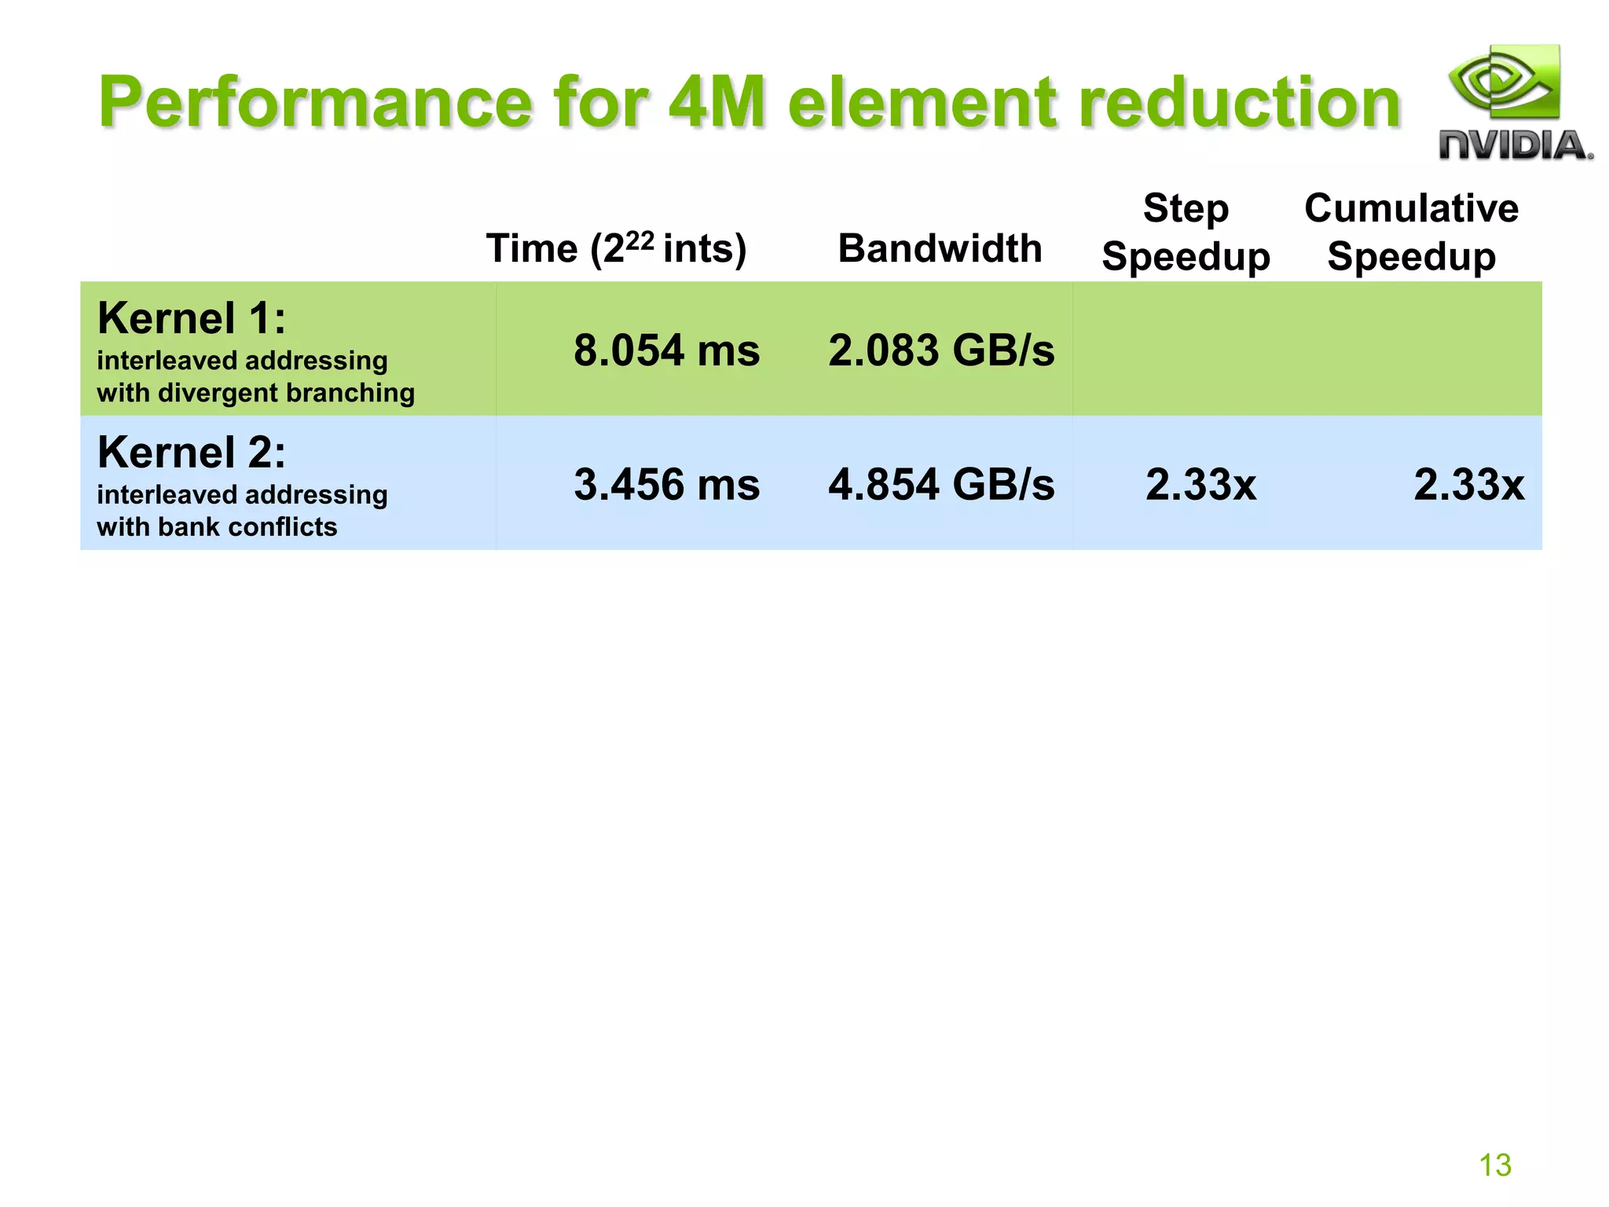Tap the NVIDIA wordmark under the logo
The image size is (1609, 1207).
tap(1515, 146)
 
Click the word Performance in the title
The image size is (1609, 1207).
tap(314, 102)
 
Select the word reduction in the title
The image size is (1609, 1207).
tap(1240, 102)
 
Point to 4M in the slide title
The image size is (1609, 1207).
tap(716, 102)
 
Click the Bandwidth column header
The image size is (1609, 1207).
tap(940, 248)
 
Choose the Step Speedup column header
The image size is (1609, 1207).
tap(1186, 233)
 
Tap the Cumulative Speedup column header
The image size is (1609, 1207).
tap(1411, 233)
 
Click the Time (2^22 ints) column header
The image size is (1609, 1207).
tap(616, 248)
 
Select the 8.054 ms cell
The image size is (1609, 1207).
tap(666, 350)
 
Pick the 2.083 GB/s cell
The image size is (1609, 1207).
tap(941, 350)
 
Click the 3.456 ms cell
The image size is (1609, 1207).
tap(666, 484)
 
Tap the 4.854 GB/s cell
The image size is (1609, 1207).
tap(941, 484)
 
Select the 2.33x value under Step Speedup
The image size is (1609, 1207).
tap(1200, 484)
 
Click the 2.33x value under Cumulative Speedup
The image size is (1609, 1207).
tap(1468, 484)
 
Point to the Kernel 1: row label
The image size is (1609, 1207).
tap(192, 318)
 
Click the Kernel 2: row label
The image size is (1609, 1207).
tap(192, 453)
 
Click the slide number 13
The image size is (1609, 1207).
tap(1494, 1165)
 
